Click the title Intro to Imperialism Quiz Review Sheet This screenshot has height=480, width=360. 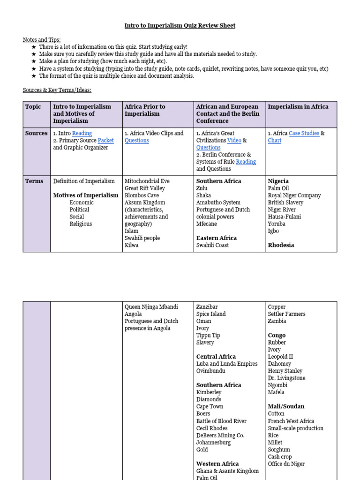(x=180, y=26)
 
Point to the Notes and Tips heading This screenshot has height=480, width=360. (x=42, y=40)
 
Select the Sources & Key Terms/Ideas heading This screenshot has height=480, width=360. (x=57, y=90)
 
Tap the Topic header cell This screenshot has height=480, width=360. (x=33, y=107)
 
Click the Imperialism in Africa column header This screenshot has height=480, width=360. (x=298, y=107)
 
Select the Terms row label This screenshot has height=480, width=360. (x=34, y=181)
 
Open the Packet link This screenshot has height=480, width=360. (x=106, y=141)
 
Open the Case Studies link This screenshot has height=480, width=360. (x=304, y=134)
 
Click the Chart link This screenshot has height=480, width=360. (x=275, y=141)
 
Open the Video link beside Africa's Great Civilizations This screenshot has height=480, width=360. (x=234, y=141)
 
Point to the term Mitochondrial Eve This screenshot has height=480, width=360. (x=147, y=181)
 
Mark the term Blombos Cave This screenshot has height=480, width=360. (x=142, y=195)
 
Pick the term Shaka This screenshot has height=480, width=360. (x=203, y=195)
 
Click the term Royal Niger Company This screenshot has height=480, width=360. (x=294, y=195)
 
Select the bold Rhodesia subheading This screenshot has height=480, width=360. (x=281, y=245)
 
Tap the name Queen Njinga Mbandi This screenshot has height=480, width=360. (x=151, y=307)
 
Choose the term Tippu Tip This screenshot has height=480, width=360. (x=208, y=336)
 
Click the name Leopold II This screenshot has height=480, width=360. (x=280, y=357)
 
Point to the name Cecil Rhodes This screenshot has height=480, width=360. (x=212, y=428)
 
